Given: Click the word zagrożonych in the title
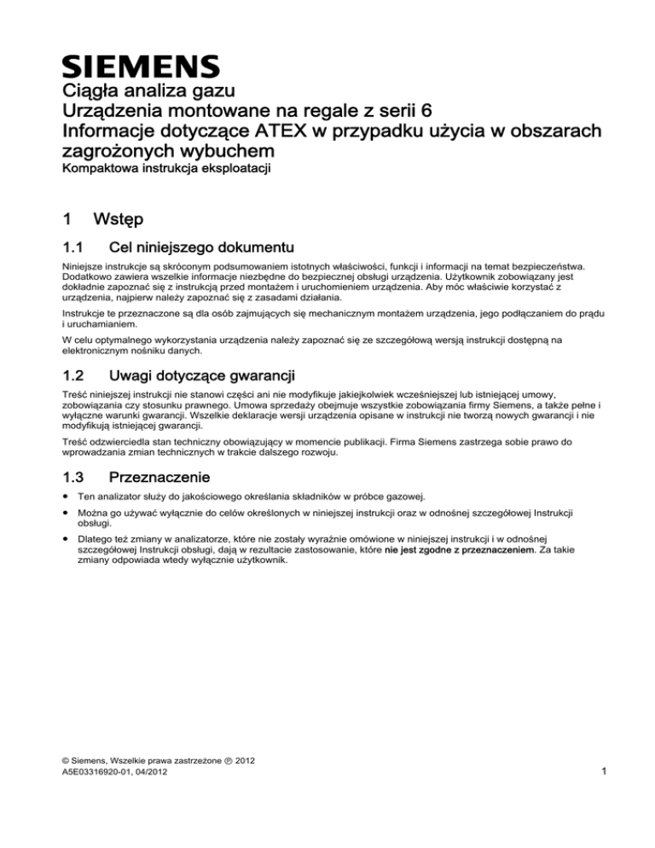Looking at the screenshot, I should point(125,152).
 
